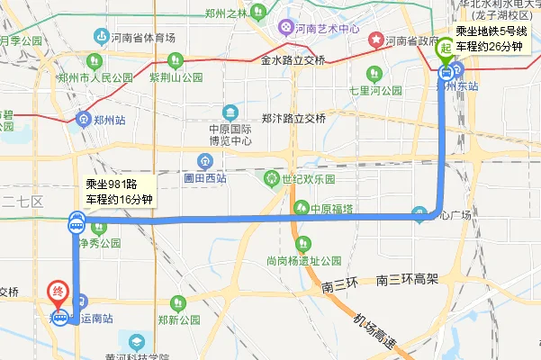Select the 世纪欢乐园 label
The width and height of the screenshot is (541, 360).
tap(308, 179)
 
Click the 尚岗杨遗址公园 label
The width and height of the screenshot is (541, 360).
tap(303, 260)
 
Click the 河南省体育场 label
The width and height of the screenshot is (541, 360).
tap(144, 38)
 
